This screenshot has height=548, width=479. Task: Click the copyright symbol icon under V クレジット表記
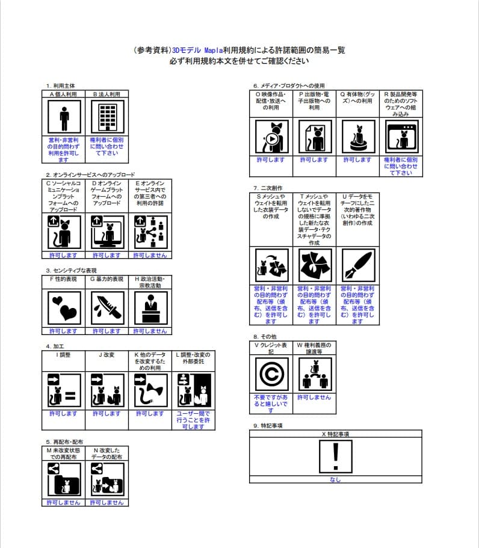(271, 375)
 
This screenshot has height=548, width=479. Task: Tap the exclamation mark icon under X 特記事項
(335, 457)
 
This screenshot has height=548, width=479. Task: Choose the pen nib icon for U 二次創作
(357, 265)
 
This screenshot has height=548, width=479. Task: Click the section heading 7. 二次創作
(268, 188)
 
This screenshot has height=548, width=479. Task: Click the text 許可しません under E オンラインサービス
(150, 255)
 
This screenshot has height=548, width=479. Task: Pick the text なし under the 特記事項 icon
(335, 479)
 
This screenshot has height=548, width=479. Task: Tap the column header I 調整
(64, 356)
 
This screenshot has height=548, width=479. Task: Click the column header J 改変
(107, 356)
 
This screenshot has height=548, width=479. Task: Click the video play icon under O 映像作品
(271, 137)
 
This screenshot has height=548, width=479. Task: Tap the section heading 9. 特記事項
(268, 425)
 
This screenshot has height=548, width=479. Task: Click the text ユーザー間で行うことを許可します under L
(193, 420)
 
